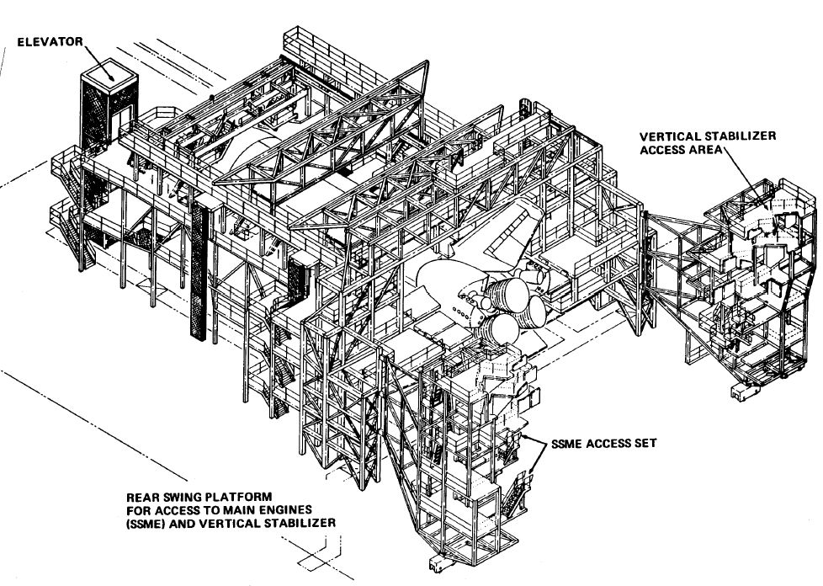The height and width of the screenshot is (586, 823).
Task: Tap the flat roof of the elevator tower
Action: (108, 76)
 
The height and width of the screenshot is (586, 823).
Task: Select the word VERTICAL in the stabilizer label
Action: (668, 136)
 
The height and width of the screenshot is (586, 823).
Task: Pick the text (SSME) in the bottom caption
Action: (150, 523)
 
